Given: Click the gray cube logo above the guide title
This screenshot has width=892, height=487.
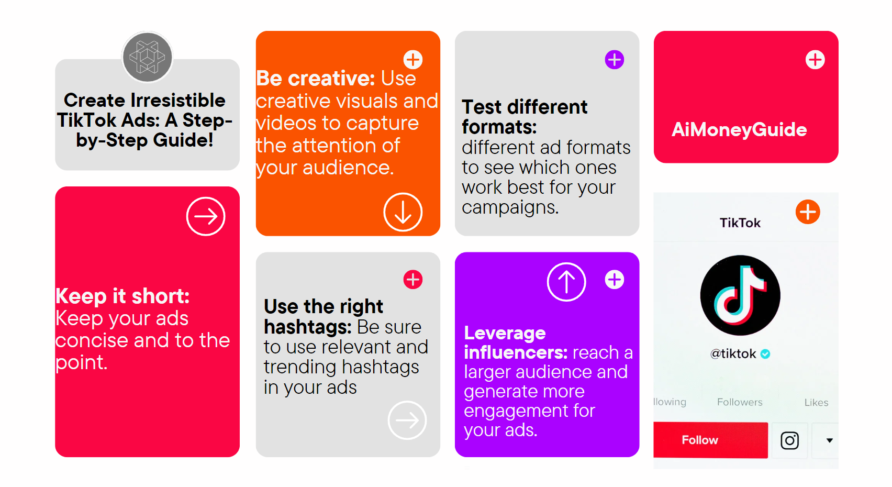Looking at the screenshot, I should coord(147,57).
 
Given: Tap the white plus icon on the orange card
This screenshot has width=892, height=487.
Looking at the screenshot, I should coord(413,60).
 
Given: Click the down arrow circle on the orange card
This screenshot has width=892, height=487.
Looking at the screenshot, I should coord(403,212).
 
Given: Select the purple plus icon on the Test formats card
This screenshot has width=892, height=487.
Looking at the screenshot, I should coord(614,60).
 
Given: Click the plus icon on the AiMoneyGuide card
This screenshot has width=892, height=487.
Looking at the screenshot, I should coord(815,60).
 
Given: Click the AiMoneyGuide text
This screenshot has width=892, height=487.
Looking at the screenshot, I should coord(739,129).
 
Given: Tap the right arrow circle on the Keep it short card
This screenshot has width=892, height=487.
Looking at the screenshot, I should coord(206,216).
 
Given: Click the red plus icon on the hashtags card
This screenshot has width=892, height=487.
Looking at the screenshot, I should coord(413,280).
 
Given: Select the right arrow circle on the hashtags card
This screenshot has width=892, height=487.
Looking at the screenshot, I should coord(407,420).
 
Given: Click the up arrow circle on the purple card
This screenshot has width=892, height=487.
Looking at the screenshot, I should coord(566,282).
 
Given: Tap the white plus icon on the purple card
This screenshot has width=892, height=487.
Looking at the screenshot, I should coord(614,280).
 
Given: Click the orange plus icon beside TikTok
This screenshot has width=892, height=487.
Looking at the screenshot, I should coord(808,212).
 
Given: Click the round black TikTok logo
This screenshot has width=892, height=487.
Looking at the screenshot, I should coord(740,295).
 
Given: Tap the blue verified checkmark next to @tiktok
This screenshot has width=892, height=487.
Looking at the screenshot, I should coord(765,354).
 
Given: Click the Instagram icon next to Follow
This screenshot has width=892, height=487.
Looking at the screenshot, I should coord(789,440).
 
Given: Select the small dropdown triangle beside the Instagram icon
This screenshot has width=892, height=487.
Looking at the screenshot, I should coord(829,440).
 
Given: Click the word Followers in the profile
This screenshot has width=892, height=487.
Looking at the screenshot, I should coord(739,402).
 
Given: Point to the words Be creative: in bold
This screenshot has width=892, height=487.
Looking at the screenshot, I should coord(315,79).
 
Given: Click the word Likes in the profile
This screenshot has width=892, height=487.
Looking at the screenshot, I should coord(816,402).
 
